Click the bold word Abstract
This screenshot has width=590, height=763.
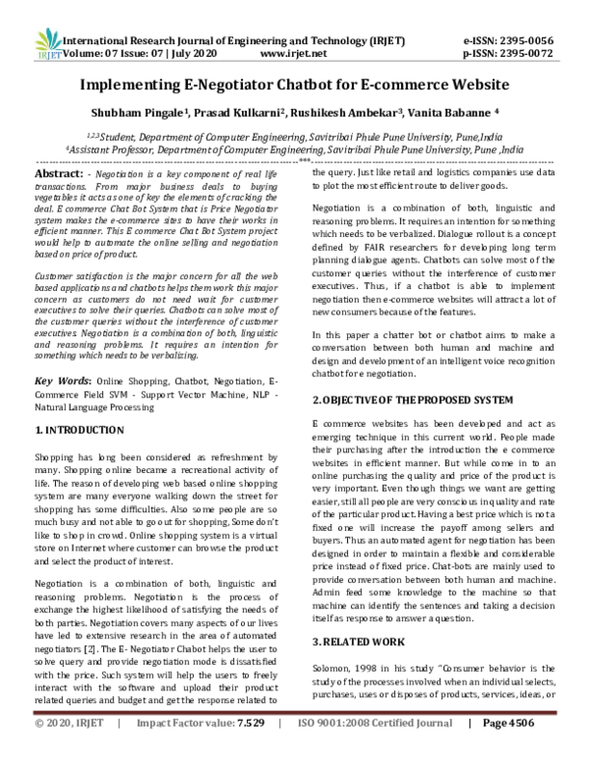[58, 170]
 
